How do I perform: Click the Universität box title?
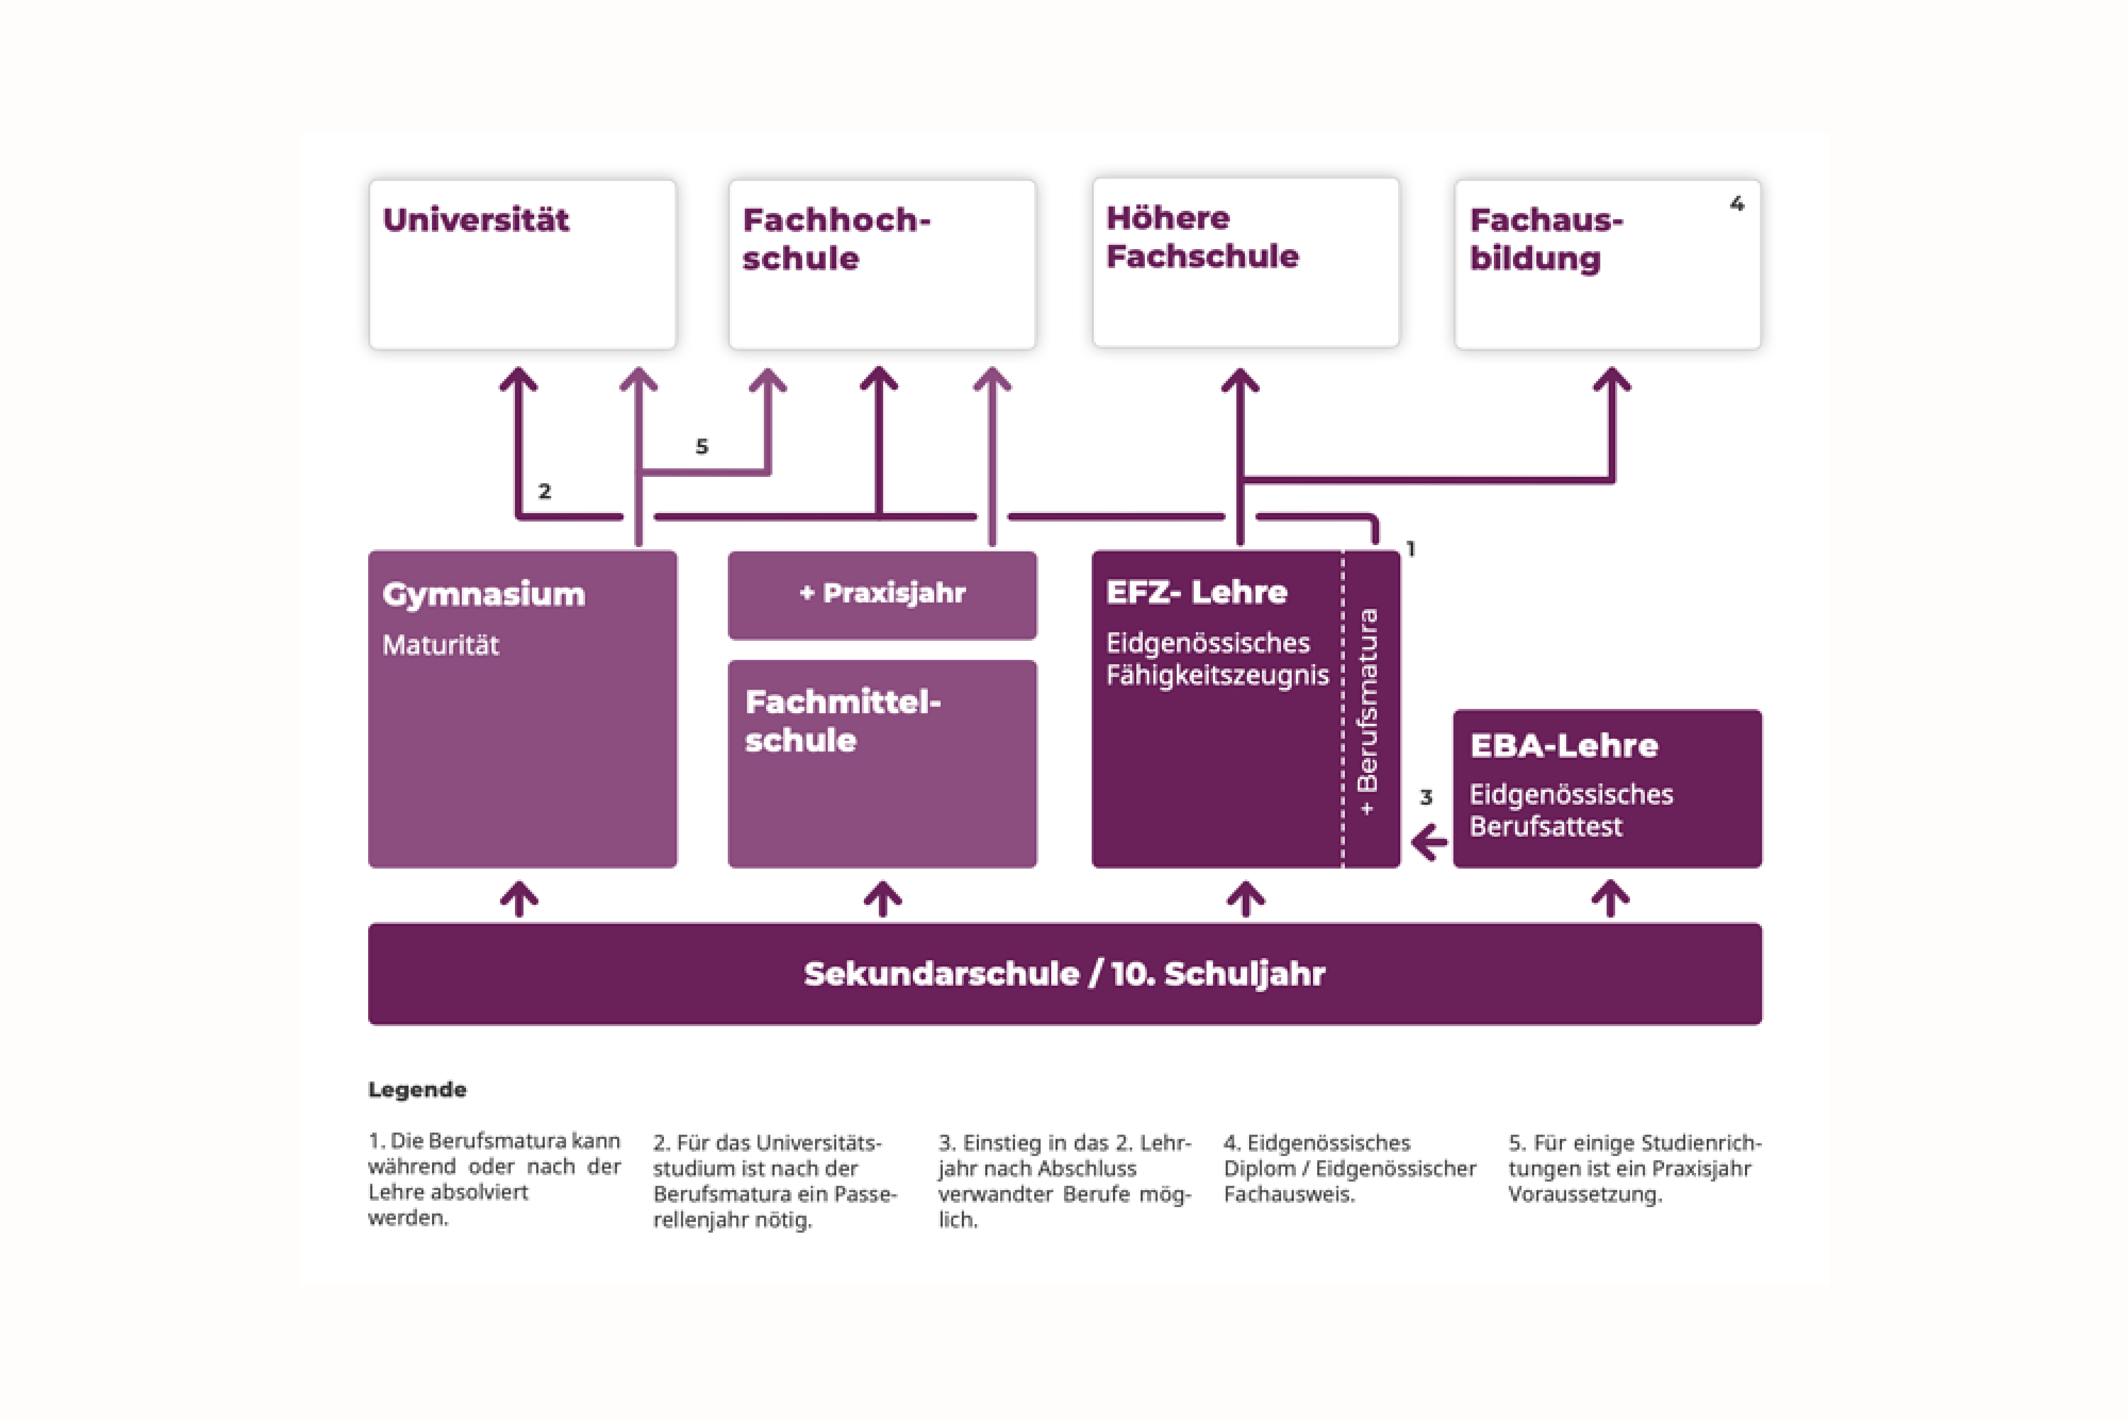coord(476,220)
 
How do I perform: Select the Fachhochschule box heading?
coord(836,239)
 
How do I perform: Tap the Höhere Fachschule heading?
coord(1202,237)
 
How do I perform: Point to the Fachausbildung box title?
coord(1546,239)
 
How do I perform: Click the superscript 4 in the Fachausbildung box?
coord(1736,204)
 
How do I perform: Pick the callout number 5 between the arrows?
coord(702,447)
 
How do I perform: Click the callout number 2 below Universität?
coord(544,491)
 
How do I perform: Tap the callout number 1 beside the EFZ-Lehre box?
coord(1410,549)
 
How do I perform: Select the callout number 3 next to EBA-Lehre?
coord(1426,797)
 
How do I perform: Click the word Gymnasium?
coord(484,595)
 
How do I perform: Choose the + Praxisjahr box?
coord(883,595)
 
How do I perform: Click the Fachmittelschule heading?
coord(843,721)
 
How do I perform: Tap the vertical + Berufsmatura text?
coord(1368,712)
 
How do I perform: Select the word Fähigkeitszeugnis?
coord(1217,675)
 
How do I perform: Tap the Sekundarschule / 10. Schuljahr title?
coord(1065,973)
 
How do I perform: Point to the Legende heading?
coord(417,1089)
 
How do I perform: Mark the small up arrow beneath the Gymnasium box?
coord(520,899)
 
